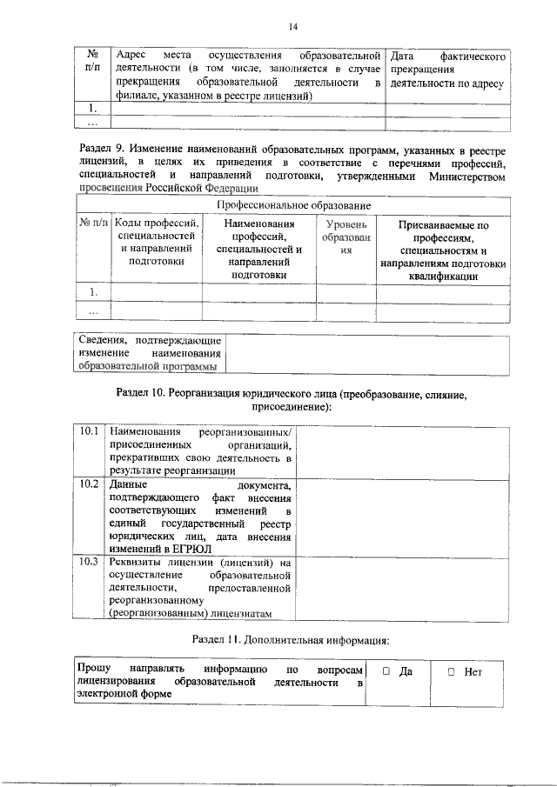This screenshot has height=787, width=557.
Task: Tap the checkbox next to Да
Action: point(386,671)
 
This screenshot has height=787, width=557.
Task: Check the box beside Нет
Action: point(451,671)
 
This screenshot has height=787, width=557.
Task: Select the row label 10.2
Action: point(88,483)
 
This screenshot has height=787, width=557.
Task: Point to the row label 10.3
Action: point(88,562)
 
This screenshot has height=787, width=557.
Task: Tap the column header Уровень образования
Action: point(345,237)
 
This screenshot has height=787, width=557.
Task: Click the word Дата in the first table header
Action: point(406,57)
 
